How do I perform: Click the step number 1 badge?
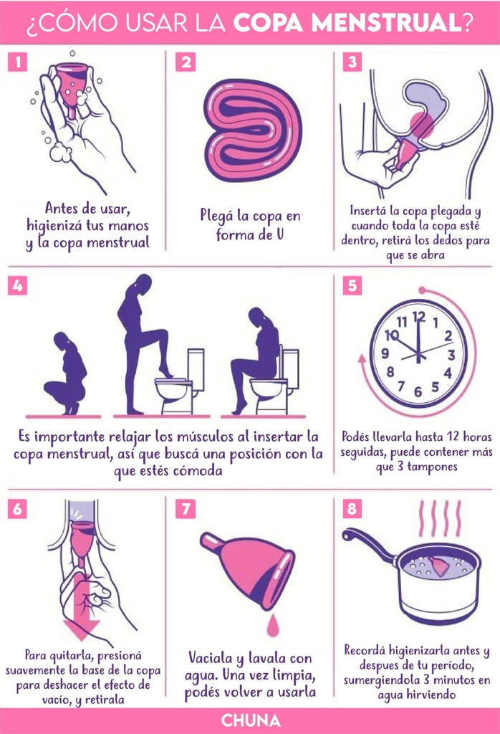(x=17, y=62)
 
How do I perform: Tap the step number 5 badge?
(x=352, y=285)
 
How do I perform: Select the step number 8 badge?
(x=352, y=508)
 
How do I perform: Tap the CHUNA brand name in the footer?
(x=251, y=720)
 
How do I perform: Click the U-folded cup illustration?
(x=253, y=130)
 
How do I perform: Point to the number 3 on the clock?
(x=451, y=355)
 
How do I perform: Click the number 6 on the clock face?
(x=418, y=391)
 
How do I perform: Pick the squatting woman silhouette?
(x=65, y=373)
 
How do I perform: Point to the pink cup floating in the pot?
(x=439, y=566)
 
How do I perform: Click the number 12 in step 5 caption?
(x=452, y=437)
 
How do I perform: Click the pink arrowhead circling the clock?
(x=362, y=360)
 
